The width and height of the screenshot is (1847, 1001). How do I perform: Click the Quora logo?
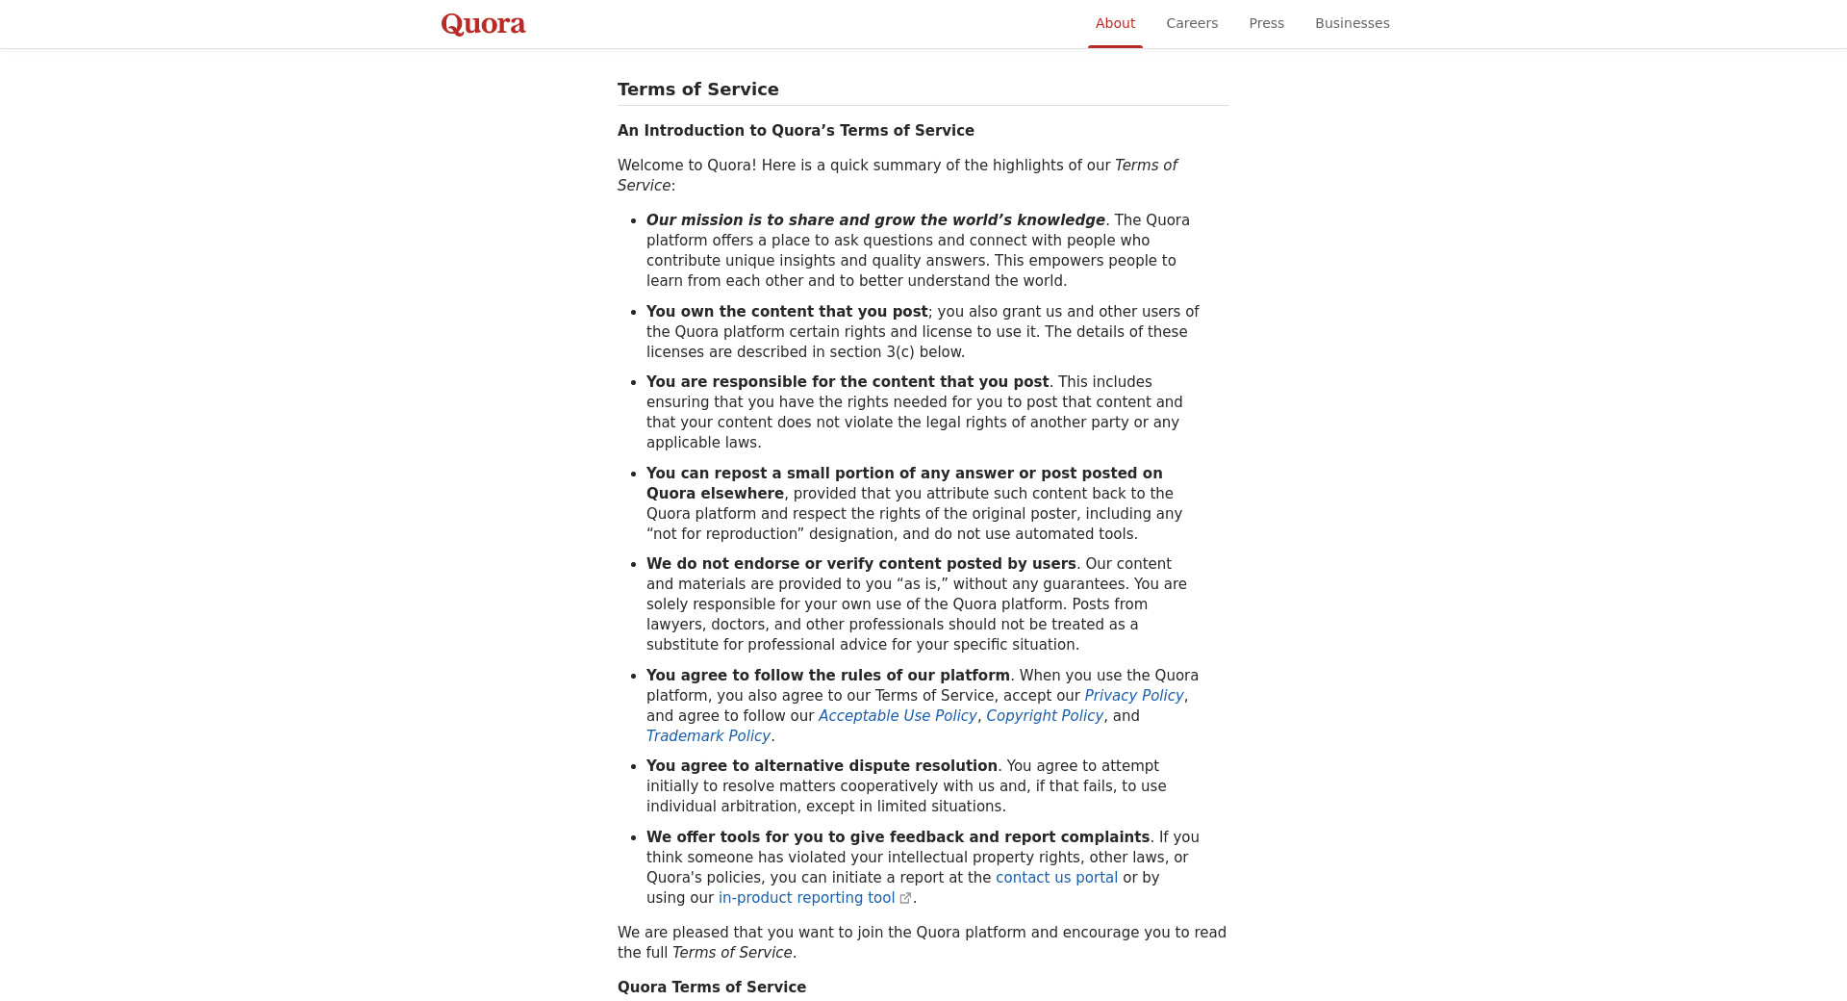point(483,24)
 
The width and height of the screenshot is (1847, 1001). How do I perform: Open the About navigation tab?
point(1115,23)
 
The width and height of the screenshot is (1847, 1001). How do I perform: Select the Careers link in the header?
point(1192,23)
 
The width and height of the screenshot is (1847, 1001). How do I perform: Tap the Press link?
point(1266,23)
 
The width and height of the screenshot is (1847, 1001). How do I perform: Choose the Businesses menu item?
point(1352,23)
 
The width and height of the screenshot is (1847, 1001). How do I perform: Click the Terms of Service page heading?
point(698,90)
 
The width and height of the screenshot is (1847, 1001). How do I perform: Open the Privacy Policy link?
point(1133,696)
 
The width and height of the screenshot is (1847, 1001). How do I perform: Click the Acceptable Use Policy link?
point(897,716)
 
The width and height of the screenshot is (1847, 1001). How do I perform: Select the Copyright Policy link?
point(1044,716)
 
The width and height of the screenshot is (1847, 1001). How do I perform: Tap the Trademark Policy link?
point(708,736)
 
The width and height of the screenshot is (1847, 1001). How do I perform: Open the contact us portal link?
point(1056,878)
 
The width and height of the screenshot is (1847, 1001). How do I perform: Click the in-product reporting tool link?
point(806,898)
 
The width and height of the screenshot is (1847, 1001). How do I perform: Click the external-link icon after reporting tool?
point(905,899)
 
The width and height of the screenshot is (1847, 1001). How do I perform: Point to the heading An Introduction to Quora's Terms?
point(796,131)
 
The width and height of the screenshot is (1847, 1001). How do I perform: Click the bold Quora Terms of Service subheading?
point(712,988)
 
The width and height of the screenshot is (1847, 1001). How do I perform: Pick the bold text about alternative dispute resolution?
point(822,766)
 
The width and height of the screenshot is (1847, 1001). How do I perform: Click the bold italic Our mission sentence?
point(875,220)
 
